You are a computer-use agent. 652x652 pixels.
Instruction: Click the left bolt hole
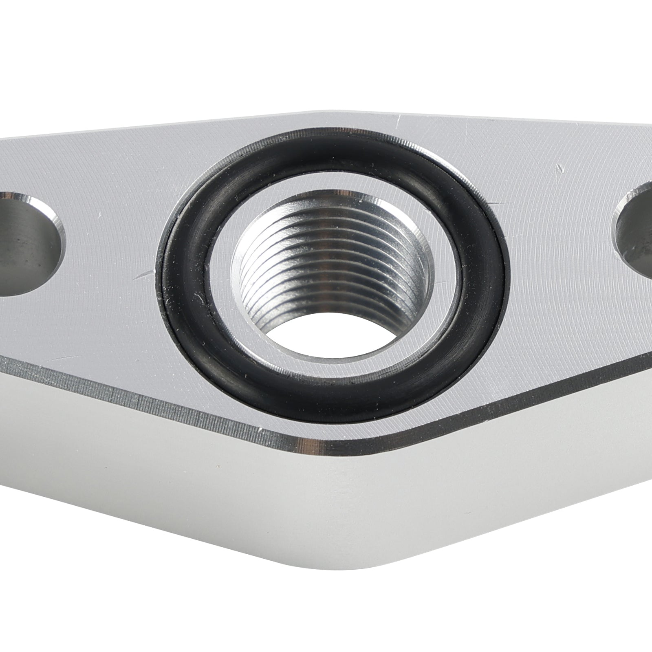[x=24, y=244]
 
